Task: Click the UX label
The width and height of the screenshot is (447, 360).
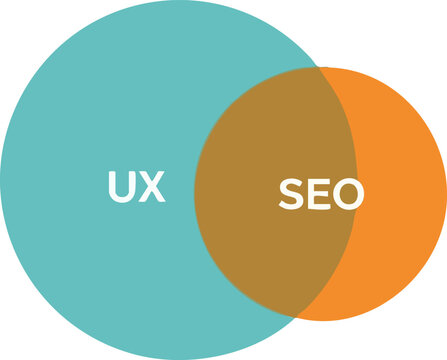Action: pyautogui.click(x=136, y=187)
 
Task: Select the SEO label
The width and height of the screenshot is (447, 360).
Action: pyautogui.click(x=321, y=195)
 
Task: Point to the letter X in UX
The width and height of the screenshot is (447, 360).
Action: pyautogui.click(x=151, y=187)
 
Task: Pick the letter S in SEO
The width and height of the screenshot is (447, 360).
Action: pyautogui.click(x=291, y=195)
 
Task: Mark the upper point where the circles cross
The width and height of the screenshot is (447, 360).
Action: pyautogui.click(x=318, y=69)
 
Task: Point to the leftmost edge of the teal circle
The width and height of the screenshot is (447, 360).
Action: pyautogui.click(x=1, y=181)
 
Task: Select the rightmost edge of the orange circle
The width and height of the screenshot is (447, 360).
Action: pyautogui.click(x=446, y=194)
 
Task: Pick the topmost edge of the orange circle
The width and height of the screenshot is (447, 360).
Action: pyautogui.click(x=320, y=67)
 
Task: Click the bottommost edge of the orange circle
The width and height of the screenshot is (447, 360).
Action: pyautogui.click(x=320, y=320)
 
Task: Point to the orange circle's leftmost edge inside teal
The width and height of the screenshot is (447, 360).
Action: pyautogui.click(x=194, y=194)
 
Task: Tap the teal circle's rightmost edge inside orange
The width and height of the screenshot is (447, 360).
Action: pyautogui.click(x=357, y=181)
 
